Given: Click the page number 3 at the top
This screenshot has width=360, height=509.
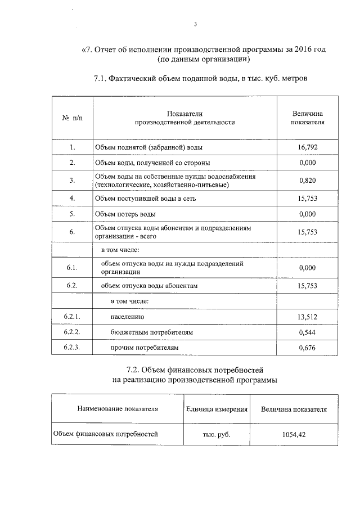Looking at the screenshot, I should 195,24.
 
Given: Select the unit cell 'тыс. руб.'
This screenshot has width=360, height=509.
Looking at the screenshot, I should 217,435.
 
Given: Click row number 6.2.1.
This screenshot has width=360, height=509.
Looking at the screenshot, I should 72,317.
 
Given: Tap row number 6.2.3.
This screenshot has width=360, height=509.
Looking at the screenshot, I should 72,348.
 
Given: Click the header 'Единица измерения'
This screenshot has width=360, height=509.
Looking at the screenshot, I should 217,409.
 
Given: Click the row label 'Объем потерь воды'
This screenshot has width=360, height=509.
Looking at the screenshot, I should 125,214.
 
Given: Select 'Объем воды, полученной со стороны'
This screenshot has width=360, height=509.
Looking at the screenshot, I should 152,163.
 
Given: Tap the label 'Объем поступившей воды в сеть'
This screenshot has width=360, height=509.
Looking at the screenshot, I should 145,198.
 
